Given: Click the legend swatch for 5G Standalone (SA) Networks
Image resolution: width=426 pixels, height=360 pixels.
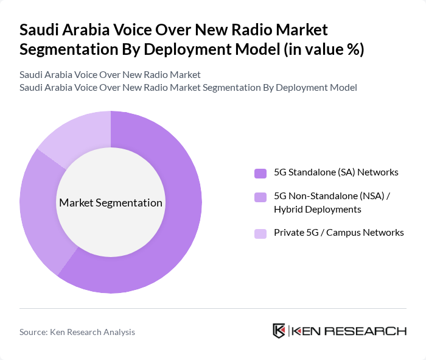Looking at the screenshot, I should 260,173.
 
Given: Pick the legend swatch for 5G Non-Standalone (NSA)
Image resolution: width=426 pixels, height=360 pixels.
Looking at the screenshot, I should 260,197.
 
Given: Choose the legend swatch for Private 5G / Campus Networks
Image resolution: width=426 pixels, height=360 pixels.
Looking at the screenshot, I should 260,233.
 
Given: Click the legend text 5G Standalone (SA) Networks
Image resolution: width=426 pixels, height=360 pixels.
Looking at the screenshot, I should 336,172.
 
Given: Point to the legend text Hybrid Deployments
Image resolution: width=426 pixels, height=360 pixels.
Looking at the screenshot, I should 318,210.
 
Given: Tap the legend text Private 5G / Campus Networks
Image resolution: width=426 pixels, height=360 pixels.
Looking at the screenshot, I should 338,233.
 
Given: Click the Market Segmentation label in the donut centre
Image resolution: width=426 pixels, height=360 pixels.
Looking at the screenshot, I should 111,203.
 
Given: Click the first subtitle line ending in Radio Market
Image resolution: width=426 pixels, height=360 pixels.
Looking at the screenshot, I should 110,75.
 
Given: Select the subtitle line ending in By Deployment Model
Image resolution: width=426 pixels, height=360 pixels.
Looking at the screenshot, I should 188,88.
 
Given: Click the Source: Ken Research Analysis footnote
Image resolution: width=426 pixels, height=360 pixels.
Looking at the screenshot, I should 77,332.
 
